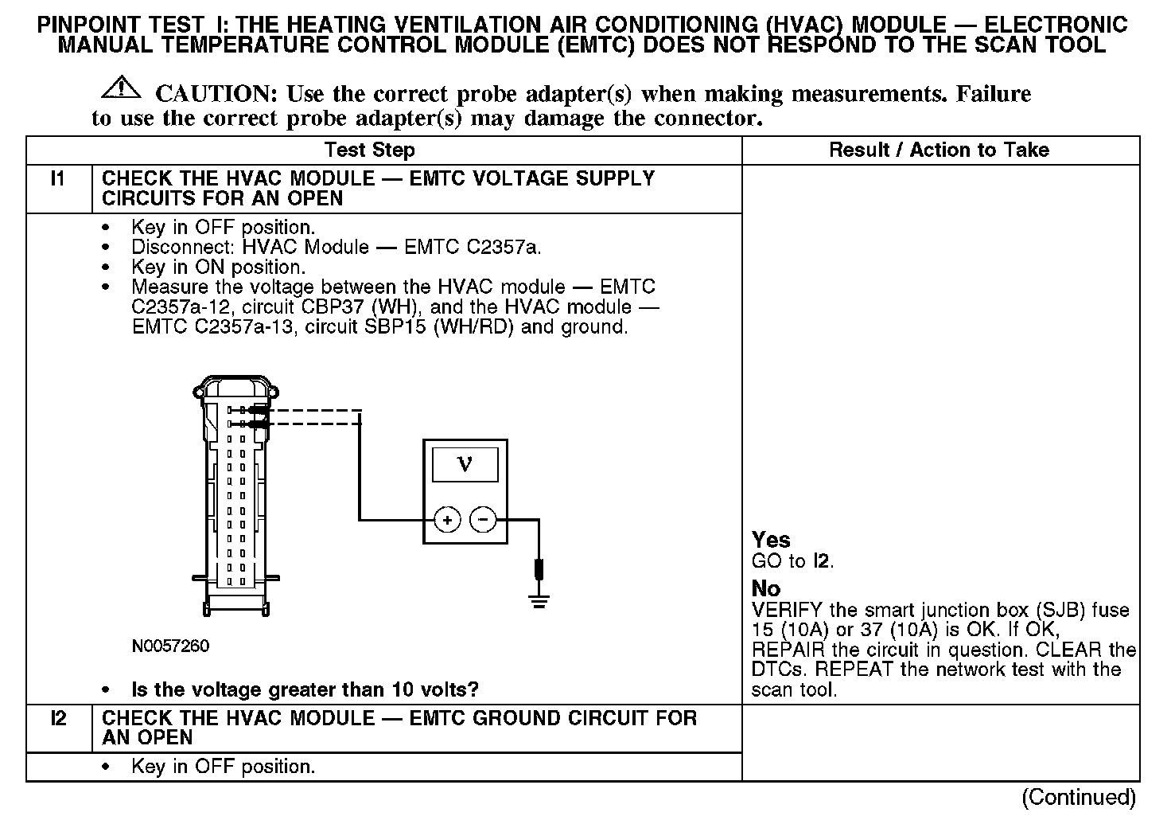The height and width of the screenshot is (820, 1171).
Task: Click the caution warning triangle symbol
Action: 121,87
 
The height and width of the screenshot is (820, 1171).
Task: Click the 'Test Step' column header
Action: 369,150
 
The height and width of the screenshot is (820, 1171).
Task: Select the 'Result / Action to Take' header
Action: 939,150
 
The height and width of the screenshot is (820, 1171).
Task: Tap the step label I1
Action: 58,179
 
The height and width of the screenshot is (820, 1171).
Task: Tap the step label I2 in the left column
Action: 58,719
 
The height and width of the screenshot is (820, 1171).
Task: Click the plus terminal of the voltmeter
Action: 447,521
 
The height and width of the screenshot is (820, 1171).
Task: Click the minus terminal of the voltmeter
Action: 483,521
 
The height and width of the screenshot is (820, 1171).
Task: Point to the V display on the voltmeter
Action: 465,464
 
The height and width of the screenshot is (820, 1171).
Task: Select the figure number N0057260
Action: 170,646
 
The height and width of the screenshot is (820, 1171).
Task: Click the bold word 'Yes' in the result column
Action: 771,541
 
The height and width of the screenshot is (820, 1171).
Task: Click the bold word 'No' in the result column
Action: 766,589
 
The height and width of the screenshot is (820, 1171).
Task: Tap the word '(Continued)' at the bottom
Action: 1079,797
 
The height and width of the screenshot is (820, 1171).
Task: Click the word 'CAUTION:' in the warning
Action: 216,94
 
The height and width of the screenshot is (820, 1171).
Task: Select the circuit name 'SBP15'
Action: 399,327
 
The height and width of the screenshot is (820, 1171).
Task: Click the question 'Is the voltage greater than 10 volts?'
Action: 305,689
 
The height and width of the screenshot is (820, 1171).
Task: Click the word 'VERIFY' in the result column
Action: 787,611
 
